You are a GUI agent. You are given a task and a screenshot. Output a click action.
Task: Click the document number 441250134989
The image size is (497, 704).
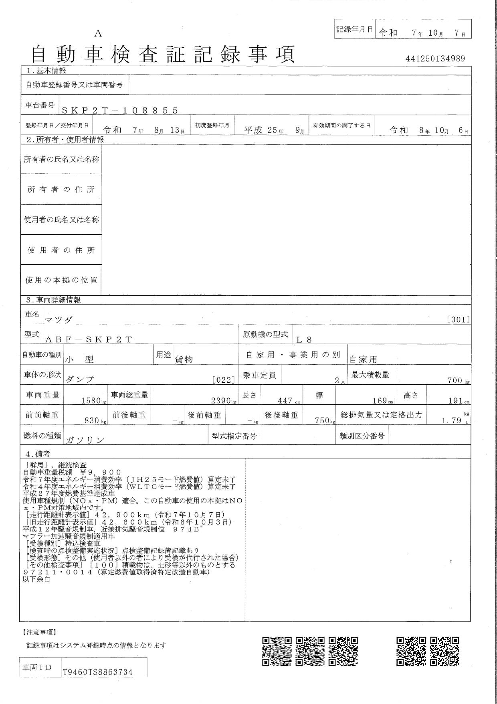click(x=435, y=59)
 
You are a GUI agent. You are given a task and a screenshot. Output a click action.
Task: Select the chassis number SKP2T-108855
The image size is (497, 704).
click(x=119, y=111)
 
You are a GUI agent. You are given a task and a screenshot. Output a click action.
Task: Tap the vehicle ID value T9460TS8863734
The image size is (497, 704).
click(x=97, y=672)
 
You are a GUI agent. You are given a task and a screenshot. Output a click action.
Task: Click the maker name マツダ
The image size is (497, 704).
click(x=59, y=319)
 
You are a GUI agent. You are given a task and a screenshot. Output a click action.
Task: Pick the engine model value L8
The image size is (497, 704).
click(x=304, y=339)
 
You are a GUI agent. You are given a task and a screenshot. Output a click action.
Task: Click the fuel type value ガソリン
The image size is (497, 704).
click(x=85, y=440)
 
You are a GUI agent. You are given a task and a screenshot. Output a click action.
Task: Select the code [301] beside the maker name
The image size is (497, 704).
click(x=458, y=320)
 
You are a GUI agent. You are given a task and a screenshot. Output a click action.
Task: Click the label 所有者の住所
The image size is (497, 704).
click(x=61, y=189)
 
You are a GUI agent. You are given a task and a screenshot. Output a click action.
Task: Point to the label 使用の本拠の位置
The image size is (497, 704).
click(x=61, y=280)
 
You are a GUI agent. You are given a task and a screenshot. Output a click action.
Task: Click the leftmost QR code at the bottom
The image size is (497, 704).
click(x=277, y=652)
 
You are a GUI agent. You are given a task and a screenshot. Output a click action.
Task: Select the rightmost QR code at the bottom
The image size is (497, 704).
click(x=444, y=652)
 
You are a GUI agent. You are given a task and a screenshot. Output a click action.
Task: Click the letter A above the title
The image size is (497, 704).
click(x=98, y=34)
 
